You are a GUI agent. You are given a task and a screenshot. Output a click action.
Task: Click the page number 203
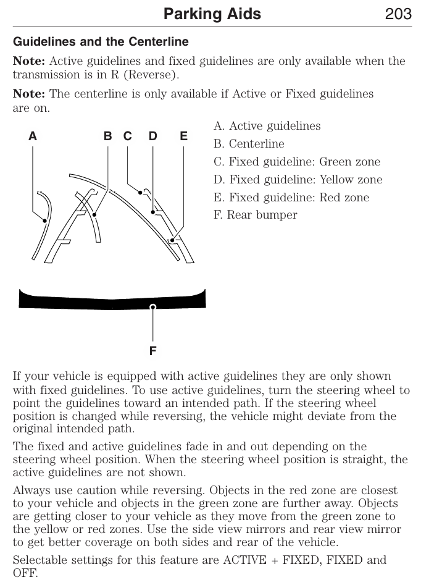(398, 14)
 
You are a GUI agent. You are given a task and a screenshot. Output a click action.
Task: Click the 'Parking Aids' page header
(212, 14)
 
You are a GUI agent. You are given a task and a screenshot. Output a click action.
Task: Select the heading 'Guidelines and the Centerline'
(101, 42)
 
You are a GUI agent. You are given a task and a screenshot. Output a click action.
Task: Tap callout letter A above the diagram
(32, 136)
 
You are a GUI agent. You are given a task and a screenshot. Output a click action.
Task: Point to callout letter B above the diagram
(107, 136)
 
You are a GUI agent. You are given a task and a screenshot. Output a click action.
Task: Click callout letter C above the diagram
(127, 136)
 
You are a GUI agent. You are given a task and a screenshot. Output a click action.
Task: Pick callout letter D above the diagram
(152, 136)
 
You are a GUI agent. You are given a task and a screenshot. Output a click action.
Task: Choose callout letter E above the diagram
(183, 136)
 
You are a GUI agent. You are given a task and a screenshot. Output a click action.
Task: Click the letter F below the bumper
(152, 351)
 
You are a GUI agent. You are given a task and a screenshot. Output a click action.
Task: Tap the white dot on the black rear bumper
(152, 306)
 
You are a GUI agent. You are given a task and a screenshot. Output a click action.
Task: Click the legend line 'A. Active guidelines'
(267, 126)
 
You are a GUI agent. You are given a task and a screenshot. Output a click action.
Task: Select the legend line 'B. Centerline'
(249, 144)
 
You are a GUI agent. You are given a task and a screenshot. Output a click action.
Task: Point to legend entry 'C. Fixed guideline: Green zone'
(297, 162)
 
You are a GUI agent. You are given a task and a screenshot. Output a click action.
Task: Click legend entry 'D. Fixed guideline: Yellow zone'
(298, 180)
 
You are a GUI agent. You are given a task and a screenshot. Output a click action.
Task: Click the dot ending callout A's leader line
(45, 220)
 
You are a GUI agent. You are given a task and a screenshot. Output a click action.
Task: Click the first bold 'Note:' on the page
(29, 61)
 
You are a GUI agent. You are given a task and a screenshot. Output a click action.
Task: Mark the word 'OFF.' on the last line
(25, 573)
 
